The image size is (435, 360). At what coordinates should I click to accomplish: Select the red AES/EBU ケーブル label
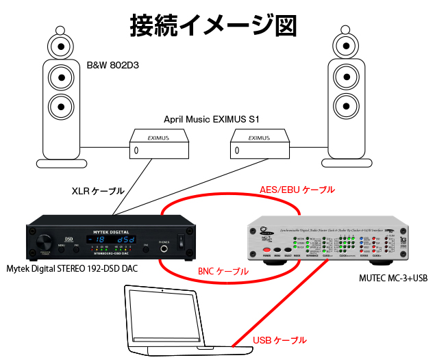[x=297, y=188]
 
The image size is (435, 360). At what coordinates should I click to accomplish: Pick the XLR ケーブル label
[x=94, y=189]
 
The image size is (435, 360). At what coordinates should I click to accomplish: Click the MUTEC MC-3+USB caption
[x=392, y=278]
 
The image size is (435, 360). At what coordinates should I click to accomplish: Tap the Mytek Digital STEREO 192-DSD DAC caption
[x=71, y=268]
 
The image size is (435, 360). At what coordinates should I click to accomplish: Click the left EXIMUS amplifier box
[x=160, y=145]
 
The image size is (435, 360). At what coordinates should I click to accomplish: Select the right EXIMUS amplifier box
[x=258, y=145]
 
